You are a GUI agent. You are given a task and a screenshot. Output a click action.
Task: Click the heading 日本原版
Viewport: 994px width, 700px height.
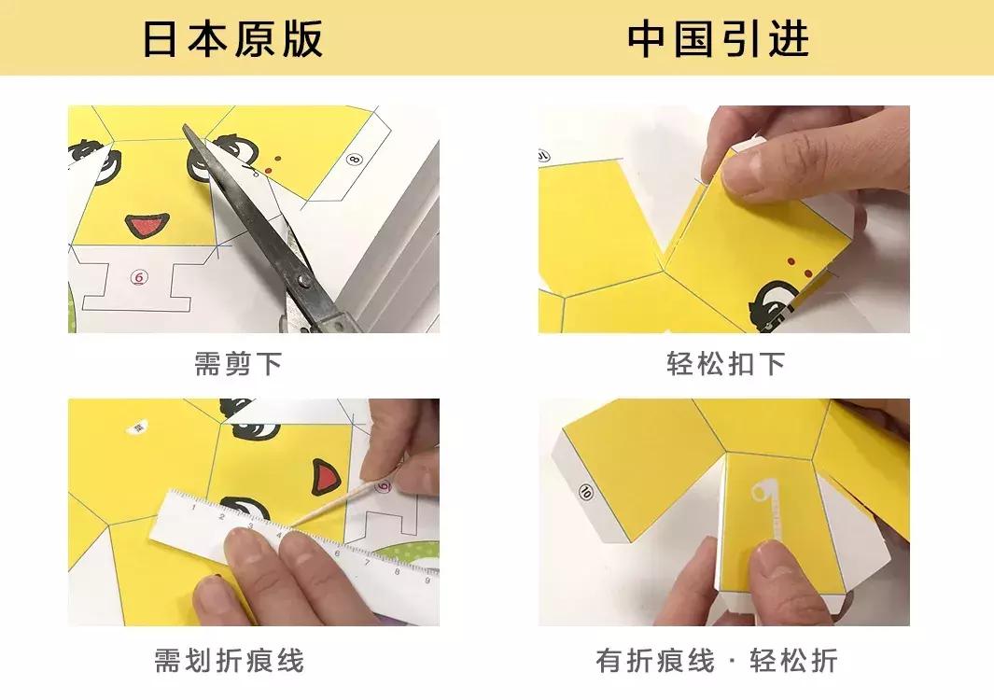pyautogui.click(x=232, y=39)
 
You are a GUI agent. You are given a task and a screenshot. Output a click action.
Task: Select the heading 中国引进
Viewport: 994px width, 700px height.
pyautogui.click(x=718, y=39)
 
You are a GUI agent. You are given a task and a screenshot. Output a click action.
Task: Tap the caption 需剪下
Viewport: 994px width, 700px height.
pyautogui.click(x=238, y=364)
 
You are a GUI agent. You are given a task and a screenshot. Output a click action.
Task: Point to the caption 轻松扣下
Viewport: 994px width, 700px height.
pyautogui.click(x=725, y=364)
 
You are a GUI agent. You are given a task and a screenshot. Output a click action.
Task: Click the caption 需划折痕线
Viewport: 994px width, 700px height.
pyautogui.click(x=229, y=662)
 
